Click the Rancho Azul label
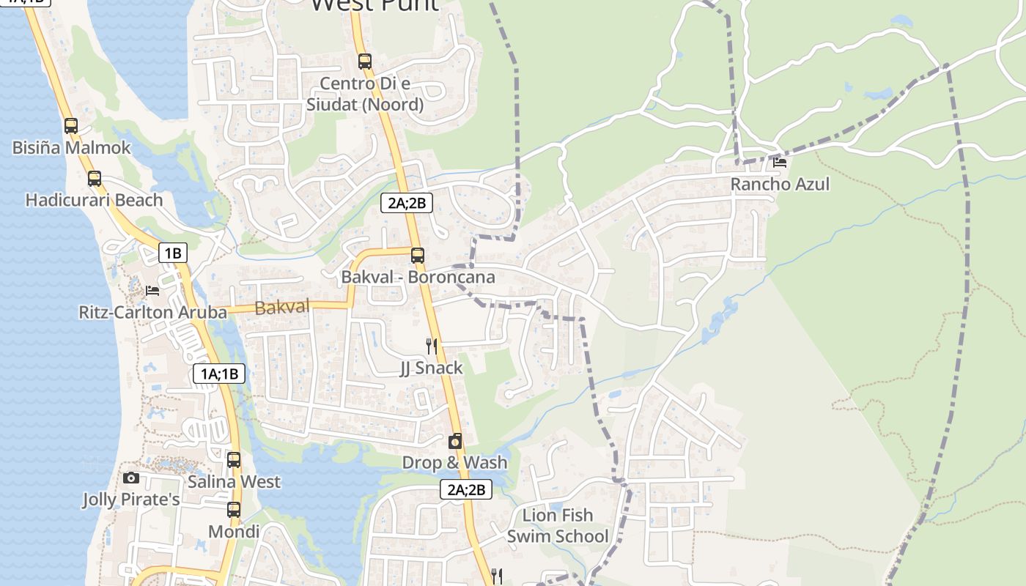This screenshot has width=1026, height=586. [x=780, y=184]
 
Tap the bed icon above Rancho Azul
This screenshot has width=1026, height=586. [x=780, y=162]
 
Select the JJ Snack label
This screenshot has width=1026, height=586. [x=431, y=368]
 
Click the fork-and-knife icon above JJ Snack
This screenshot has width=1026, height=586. [x=432, y=346]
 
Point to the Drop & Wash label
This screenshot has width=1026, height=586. [x=454, y=463]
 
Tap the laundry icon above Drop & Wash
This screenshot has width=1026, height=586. [x=455, y=441]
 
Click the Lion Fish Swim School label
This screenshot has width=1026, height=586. [x=558, y=526]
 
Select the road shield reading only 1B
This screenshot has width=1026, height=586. [x=173, y=253]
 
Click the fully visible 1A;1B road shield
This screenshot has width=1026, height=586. [x=219, y=374]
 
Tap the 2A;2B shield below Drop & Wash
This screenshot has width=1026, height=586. [x=466, y=490]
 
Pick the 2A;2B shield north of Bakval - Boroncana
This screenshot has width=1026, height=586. [x=407, y=204]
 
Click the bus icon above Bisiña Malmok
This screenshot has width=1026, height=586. [x=71, y=126]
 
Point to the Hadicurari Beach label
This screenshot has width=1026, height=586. [x=94, y=200]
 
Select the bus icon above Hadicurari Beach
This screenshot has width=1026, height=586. [x=95, y=178]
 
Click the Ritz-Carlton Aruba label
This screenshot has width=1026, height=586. [x=152, y=313]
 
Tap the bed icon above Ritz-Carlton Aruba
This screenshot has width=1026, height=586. [x=152, y=291]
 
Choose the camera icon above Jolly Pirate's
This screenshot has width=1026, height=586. [x=131, y=478]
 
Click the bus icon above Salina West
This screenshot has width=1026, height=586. [x=234, y=460]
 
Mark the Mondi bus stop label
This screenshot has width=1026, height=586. [x=234, y=531]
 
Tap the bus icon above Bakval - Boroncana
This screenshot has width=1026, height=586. [x=418, y=256]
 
